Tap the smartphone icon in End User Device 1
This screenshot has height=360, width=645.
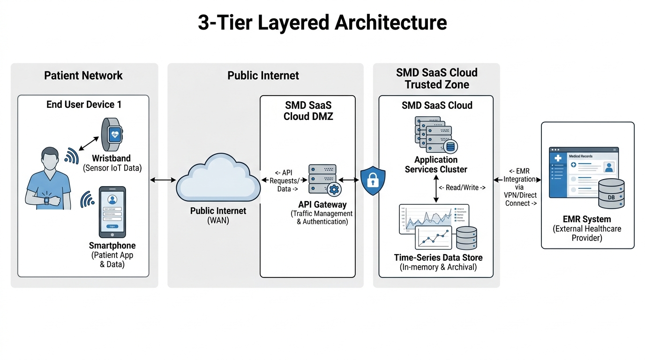click(x=112, y=212)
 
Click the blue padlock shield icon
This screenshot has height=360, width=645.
click(x=373, y=180)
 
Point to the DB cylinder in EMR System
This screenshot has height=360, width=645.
click(x=611, y=194)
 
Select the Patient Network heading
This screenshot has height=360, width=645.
click(x=83, y=75)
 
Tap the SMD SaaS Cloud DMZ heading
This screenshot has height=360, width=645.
click(x=308, y=111)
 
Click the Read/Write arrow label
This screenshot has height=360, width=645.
click(x=462, y=187)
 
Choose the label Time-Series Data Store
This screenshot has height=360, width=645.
click(x=438, y=257)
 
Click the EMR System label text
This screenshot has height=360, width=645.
click(x=587, y=219)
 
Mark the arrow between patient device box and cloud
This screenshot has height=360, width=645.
click(x=163, y=180)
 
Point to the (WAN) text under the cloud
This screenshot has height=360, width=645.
click(x=218, y=220)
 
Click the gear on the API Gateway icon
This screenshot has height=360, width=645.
click(x=334, y=189)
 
